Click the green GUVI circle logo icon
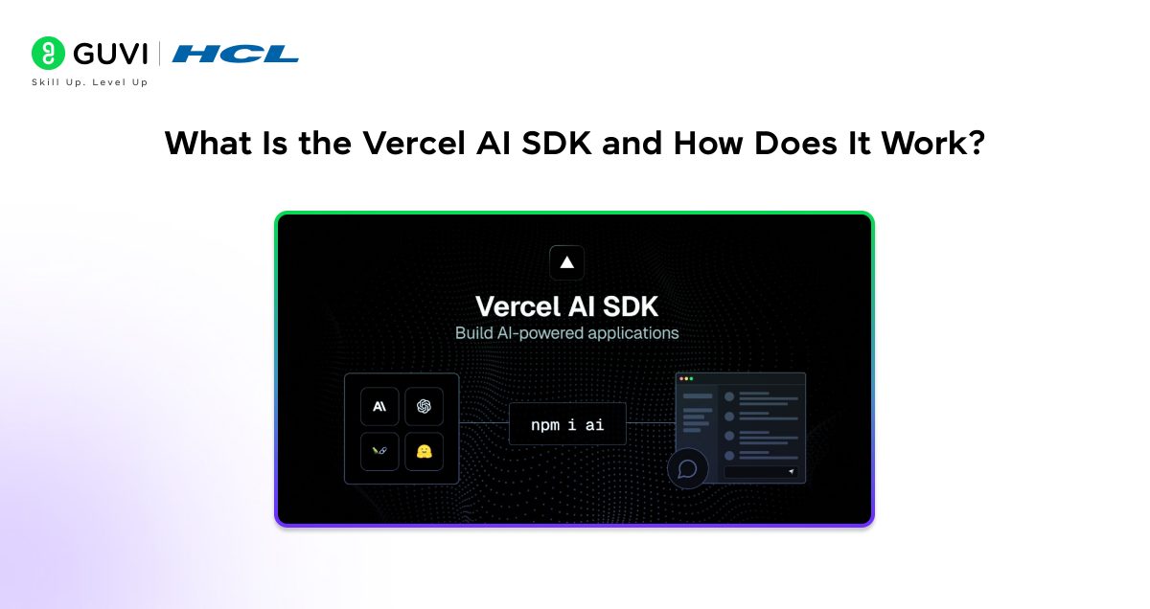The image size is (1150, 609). [x=48, y=54]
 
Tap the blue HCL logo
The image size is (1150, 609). [x=236, y=54]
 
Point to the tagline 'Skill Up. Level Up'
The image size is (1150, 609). [x=89, y=82]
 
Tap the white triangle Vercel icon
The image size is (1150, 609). [x=566, y=261]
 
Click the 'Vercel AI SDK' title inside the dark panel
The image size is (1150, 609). [x=566, y=307]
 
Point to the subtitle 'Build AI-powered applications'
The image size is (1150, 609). [x=566, y=333]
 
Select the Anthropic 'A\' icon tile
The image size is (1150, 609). [x=379, y=406]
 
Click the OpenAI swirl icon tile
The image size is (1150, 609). [x=424, y=406]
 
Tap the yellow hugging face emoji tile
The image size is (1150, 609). [x=424, y=451]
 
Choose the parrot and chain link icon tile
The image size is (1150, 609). [x=379, y=451]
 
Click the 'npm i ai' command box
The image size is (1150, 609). [x=566, y=424]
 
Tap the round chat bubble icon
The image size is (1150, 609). [x=687, y=469]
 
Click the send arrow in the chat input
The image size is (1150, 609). [x=791, y=472]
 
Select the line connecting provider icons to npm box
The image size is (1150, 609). [x=483, y=423]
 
